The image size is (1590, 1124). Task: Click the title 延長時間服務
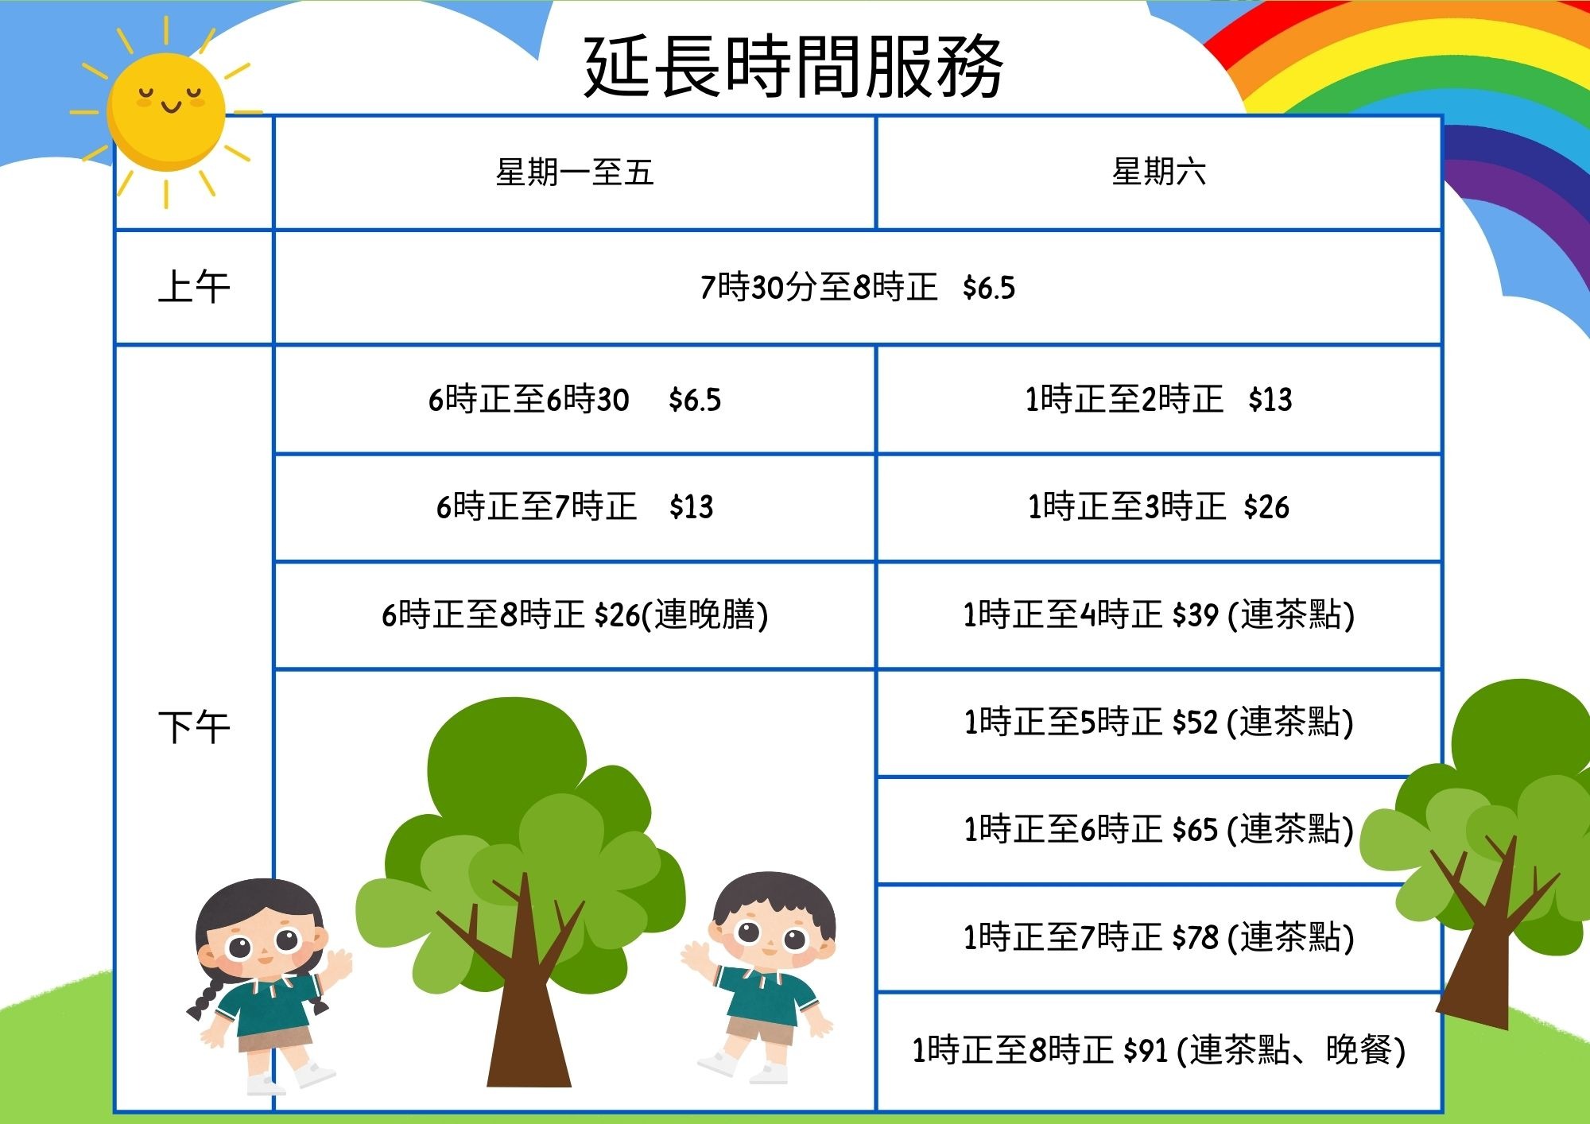793,67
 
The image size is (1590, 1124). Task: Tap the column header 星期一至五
574,172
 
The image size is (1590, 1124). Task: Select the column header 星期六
1158,172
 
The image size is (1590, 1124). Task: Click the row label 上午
194,287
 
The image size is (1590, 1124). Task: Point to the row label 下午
194,727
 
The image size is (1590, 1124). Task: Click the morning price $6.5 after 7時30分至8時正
988,288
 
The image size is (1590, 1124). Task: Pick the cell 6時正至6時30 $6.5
574,399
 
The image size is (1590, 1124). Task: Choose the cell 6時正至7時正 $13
574,506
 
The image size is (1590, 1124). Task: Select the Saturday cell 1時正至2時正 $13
1158,399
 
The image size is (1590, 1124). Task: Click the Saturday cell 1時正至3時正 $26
1158,506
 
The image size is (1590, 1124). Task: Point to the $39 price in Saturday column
1196,614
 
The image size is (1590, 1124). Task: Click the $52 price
1196,723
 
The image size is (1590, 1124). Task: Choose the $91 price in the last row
1146,1051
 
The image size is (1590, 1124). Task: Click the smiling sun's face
166,111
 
